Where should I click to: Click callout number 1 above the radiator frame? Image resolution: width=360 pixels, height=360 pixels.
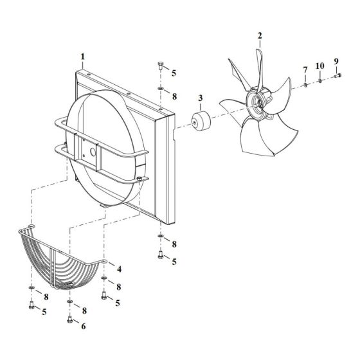83,57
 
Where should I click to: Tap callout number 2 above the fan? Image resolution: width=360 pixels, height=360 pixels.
260,36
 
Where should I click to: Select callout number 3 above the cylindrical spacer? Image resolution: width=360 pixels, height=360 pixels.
201,98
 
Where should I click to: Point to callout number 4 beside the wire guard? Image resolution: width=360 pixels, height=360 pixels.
119,269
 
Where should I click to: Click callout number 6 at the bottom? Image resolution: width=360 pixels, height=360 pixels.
84,326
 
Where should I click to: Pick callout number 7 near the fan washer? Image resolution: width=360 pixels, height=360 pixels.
305,70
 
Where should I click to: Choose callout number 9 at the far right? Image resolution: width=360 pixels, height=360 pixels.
336,61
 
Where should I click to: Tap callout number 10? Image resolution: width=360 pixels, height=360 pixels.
320,66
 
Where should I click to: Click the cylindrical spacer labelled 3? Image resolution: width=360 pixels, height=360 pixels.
201,122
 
